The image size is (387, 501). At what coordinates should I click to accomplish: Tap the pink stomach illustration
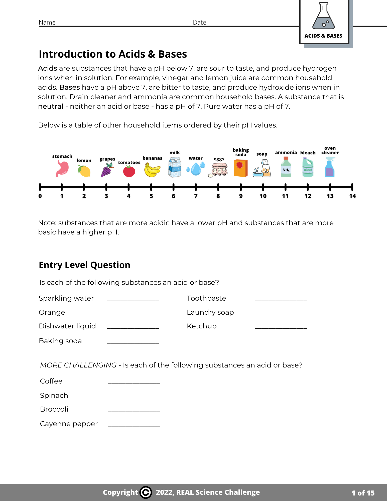62,169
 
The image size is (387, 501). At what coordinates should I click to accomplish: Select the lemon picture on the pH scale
84,171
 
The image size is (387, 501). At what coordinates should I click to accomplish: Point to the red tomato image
129,171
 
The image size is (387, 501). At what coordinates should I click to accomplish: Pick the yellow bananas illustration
152,170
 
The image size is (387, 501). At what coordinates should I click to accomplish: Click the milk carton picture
175,167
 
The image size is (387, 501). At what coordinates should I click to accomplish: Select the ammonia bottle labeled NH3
286,167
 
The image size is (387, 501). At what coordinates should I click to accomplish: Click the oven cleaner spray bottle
330,167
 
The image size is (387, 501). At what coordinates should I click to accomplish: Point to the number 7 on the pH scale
196,196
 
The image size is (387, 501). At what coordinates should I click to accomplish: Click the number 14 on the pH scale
352,196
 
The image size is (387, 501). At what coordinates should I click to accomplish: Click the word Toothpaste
206,298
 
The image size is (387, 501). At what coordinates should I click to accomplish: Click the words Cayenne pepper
69,424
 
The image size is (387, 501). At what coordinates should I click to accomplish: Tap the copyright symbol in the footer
146,492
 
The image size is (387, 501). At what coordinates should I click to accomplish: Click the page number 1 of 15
363,493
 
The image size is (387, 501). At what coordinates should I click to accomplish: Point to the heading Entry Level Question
84,265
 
